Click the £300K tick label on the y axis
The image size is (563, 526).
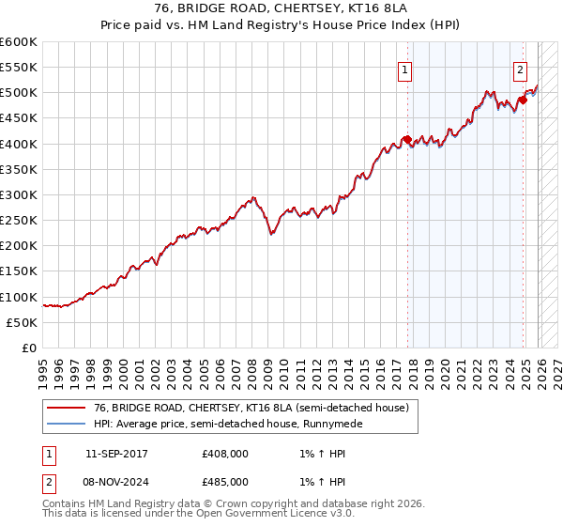point(19,194)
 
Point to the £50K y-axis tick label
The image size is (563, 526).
point(22,322)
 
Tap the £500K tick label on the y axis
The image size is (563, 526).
point(19,93)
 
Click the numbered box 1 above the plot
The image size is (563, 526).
point(404,69)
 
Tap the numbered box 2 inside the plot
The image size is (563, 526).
point(520,69)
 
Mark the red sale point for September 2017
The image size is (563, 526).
point(407,140)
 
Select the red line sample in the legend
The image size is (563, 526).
point(66,409)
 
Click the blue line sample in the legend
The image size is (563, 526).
point(66,425)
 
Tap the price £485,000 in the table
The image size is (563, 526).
point(225,481)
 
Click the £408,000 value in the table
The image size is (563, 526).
point(225,454)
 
